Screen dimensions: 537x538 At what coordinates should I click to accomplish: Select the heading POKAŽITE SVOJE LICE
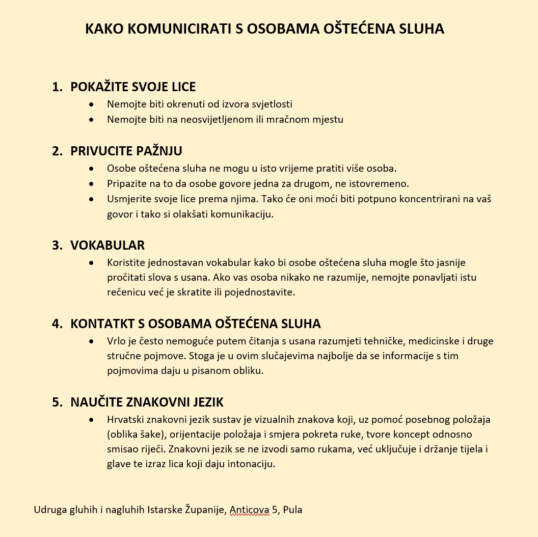pyautogui.click(x=133, y=87)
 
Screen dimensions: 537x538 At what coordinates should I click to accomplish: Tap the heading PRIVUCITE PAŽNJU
pyautogui.click(x=126, y=151)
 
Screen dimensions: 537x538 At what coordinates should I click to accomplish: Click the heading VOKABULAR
pyautogui.click(x=107, y=245)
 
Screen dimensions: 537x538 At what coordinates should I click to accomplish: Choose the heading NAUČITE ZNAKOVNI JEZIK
pyautogui.click(x=147, y=402)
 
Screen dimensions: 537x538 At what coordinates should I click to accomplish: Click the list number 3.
pyautogui.click(x=57, y=245)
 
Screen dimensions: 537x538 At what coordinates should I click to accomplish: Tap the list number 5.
pyautogui.click(x=57, y=402)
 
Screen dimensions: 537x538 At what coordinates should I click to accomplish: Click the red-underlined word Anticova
pyautogui.click(x=249, y=509)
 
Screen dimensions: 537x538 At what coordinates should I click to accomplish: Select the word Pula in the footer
pyautogui.click(x=292, y=509)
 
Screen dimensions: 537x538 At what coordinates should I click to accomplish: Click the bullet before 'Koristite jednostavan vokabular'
pyautogui.click(x=91, y=263)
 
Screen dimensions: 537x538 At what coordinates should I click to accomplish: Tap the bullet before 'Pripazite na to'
pyautogui.click(x=91, y=183)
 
